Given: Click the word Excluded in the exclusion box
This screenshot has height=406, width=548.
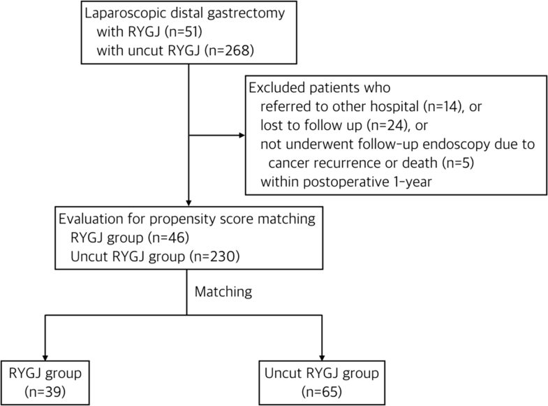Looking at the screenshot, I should (x=277, y=89).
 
